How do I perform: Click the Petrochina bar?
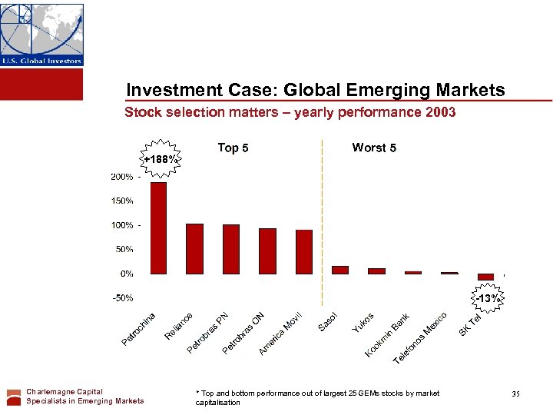click(x=158, y=227)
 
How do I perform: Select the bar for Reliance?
click(x=195, y=248)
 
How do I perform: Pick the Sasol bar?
click(x=340, y=270)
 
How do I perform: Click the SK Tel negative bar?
click(x=485, y=277)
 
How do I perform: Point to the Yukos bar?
click(x=376, y=271)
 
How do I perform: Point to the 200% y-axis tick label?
click(x=121, y=177)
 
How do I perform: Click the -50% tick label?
click(x=121, y=297)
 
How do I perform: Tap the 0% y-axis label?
click(x=125, y=274)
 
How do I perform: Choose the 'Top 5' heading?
click(x=233, y=148)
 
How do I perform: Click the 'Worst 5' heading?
click(x=374, y=148)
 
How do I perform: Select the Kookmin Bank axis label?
click(x=389, y=334)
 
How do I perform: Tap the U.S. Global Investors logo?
click(x=41, y=35)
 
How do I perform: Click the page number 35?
click(x=515, y=394)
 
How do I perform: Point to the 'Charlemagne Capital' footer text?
click(x=65, y=392)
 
